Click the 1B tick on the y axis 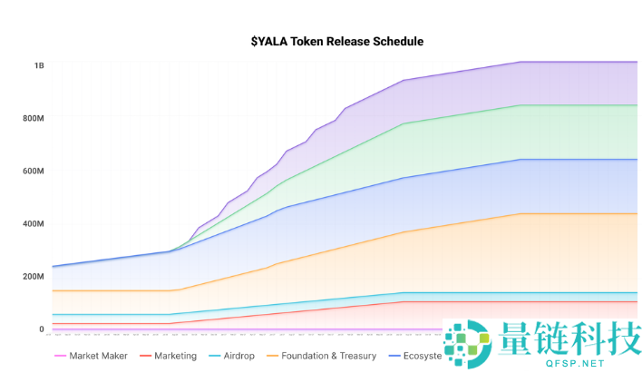39,65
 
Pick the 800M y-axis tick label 34,118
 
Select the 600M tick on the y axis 34,171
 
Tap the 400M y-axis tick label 34,223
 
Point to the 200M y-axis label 34,276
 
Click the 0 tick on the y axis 41,329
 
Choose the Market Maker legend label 98,356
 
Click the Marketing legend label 175,356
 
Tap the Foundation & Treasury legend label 326,356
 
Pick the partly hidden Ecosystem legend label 423,356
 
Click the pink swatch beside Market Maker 60,356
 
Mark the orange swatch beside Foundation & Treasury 271,356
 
